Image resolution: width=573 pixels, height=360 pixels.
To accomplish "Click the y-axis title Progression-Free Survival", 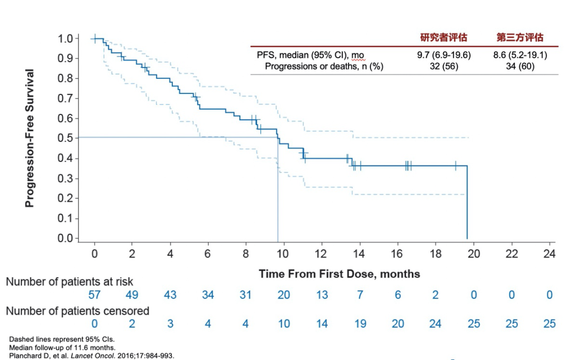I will pyautogui.click(x=30, y=138).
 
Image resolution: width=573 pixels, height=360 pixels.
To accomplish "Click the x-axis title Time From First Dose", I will pyautogui.click(x=340, y=274).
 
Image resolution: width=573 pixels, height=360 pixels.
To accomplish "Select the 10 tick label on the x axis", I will pyautogui.click(x=283, y=254).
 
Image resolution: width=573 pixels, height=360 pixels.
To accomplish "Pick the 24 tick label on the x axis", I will pyautogui.click(x=549, y=254).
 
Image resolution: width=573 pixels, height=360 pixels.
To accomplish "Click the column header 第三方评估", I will pyautogui.click(x=520, y=38).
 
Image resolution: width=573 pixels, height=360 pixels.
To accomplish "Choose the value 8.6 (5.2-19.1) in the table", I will pyautogui.click(x=520, y=55).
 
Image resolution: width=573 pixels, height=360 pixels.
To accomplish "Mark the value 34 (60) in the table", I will pyautogui.click(x=520, y=66).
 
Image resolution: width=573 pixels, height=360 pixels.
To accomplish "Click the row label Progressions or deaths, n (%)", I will pyautogui.click(x=324, y=66).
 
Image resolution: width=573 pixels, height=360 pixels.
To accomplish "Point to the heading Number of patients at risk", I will pyautogui.click(x=70, y=282).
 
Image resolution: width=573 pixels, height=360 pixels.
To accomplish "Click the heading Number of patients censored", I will pyautogui.click(x=77, y=311).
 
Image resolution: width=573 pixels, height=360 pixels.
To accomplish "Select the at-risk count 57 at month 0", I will pyautogui.click(x=94, y=295).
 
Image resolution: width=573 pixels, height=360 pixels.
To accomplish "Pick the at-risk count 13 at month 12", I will pyautogui.click(x=322, y=295).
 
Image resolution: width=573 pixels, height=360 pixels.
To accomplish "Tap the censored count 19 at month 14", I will pyautogui.click(x=360, y=323).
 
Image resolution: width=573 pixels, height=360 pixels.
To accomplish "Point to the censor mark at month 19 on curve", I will pyautogui.click(x=455, y=166).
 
